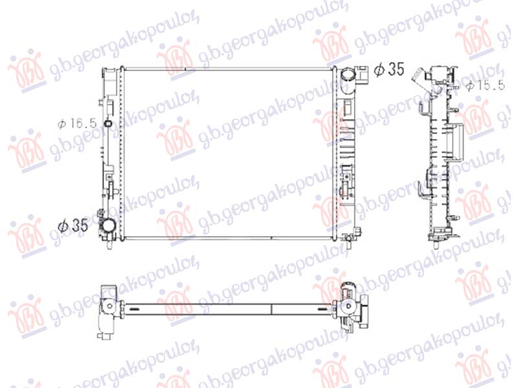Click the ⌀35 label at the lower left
72,226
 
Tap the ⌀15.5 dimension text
488,85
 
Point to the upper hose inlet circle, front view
350,75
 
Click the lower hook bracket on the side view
424,188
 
